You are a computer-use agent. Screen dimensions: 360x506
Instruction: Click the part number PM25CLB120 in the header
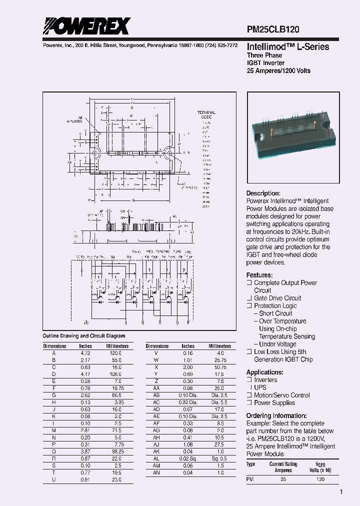coord(273,30)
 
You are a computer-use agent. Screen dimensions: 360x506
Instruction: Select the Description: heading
coord(263,193)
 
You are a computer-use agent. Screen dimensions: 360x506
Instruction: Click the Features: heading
coord(259,275)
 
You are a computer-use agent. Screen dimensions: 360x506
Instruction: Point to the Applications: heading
coord(265,372)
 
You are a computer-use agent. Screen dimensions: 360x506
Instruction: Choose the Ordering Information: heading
coord(276,415)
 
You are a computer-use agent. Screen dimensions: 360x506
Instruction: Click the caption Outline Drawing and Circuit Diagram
coord(84,336)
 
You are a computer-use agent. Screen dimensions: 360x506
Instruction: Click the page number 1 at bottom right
coord(341,492)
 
